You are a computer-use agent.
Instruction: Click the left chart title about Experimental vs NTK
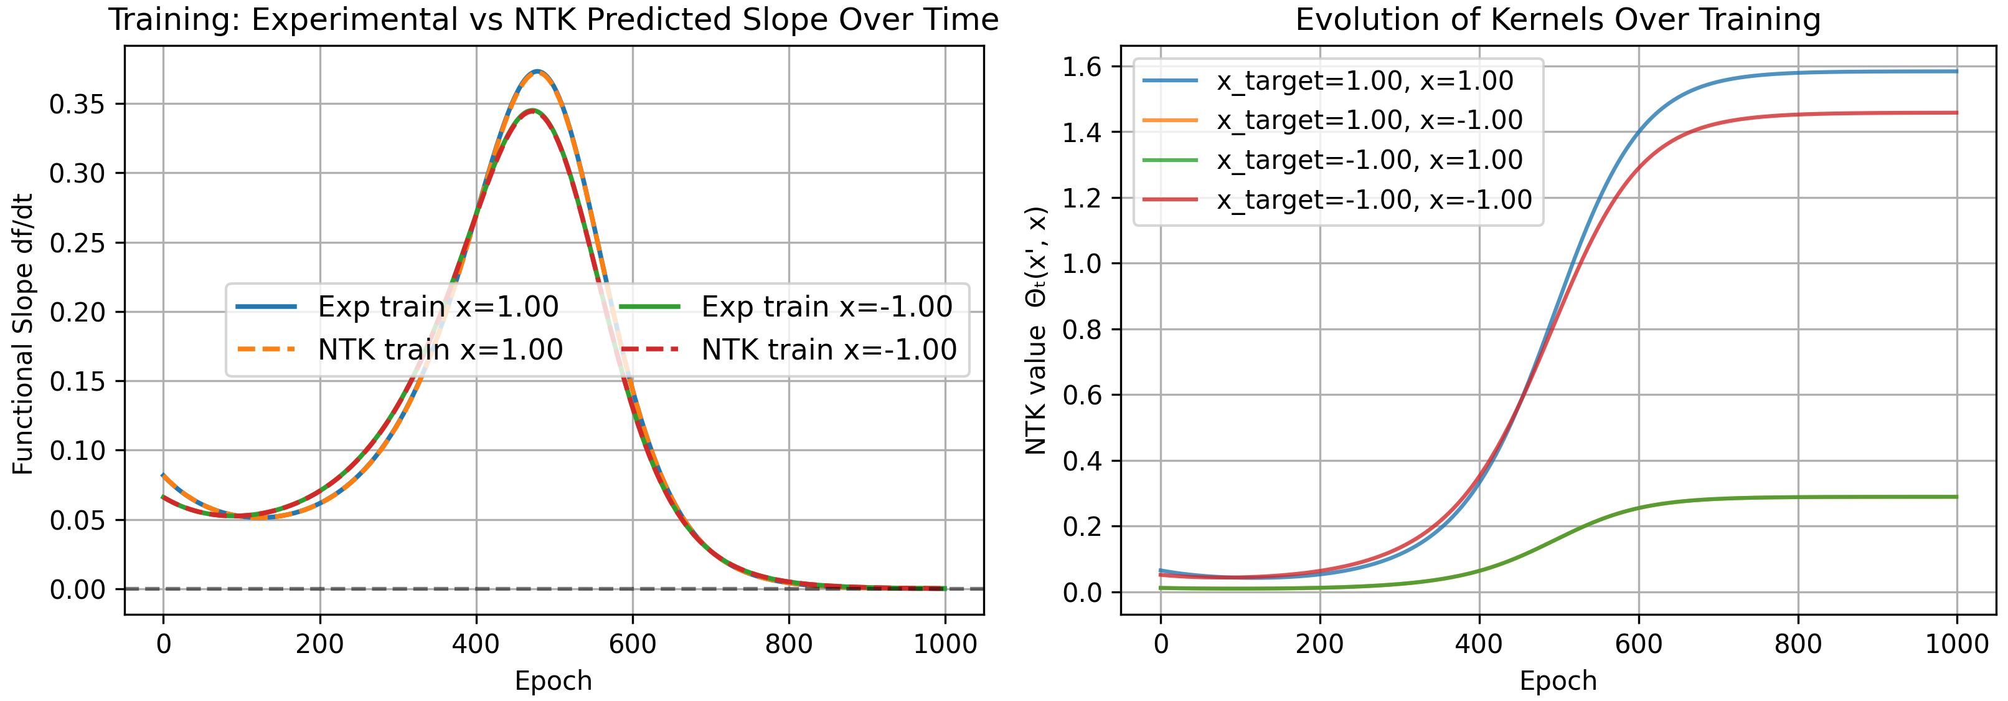(x=553, y=19)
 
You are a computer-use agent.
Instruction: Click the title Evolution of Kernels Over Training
(x=1557, y=19)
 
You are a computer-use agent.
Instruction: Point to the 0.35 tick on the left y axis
(x=77, y=103)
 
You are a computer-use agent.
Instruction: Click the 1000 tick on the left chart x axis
(x=945, y=644)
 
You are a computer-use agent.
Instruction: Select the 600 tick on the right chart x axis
(x=1639, y=644)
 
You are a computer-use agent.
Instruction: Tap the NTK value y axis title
(x=1036, y=331)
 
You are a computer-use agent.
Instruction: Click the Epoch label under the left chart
(x=553, y=680)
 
